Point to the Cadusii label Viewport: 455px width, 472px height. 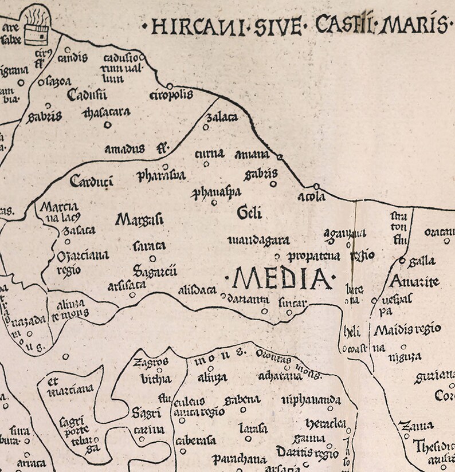(x=87, y=95)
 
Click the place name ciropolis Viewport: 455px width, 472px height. (x=171, y=95)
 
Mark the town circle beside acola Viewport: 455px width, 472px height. (x=316, y=186)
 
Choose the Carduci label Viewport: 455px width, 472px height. (x=91, y=182)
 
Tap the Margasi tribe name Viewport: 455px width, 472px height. (x=139, y=219)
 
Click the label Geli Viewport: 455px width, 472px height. (x=249, y=213)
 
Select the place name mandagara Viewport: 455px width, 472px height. (x=258, y=240)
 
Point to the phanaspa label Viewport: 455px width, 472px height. (x=216, y=191)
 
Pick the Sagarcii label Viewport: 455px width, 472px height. (x=155, y=270)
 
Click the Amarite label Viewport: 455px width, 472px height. (x=414, y=281)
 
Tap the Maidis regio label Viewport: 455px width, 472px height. (x=407, y=329)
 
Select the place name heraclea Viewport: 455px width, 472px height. (x=325, y=423)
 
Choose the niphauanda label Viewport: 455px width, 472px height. (x=311, y=399)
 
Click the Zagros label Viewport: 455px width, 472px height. (x=151, y=362)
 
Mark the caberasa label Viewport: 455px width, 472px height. (x=196, y=440)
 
